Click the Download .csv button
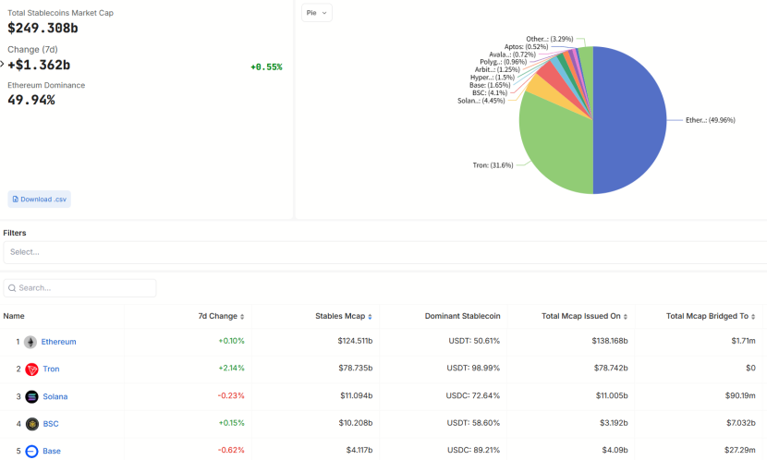pos(39,199)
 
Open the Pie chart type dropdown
pos(317,13)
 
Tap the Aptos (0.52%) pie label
pos(526,46)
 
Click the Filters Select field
pos(383,252)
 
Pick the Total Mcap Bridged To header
pos(707,316)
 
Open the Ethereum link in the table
pos(59,342)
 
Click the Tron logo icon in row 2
pos(31,369)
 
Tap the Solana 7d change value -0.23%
pos(231,396)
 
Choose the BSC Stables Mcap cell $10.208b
pos(355,424)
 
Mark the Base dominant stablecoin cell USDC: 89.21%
pos(473,451)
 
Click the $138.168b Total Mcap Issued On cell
pos(610,342)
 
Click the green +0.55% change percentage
pos(266,67)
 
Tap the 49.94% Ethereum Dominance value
pos(31,100)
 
